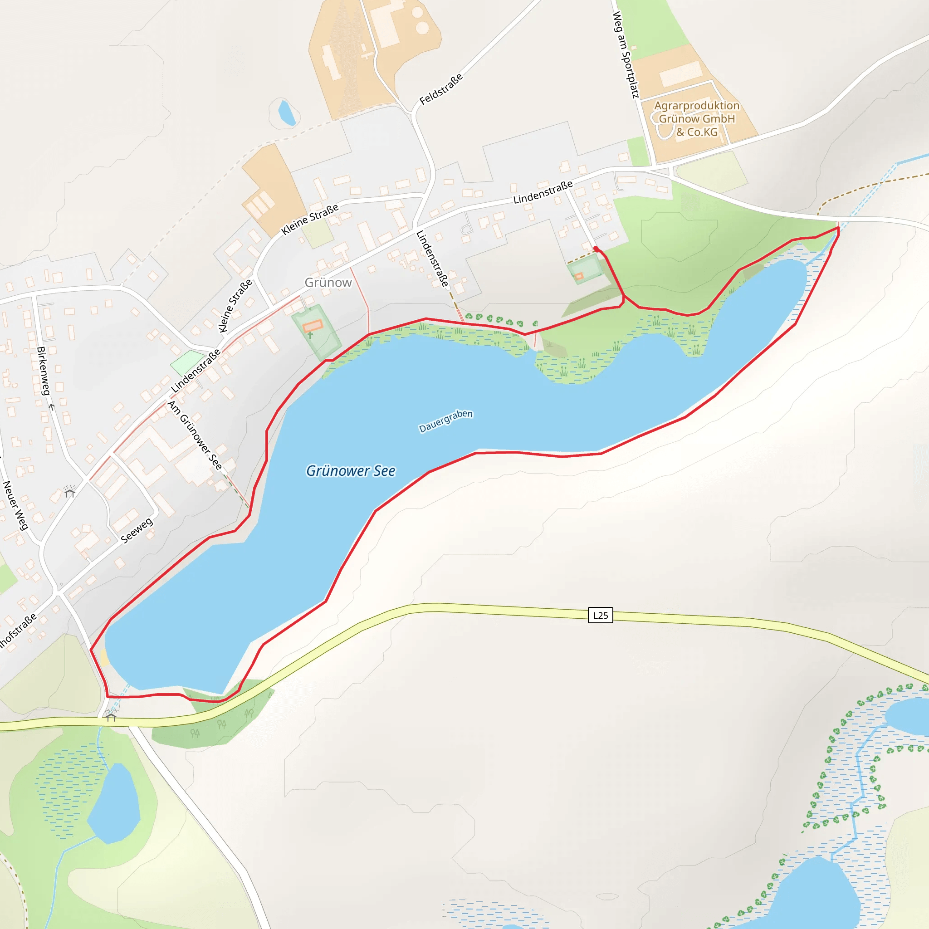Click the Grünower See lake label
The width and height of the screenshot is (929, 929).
point(351,471)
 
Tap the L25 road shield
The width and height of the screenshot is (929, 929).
point(600,615)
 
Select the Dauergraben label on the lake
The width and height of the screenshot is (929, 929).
point(446,421)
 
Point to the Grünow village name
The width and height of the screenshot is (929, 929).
point(328,282)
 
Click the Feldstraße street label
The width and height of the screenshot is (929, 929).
point(441,89)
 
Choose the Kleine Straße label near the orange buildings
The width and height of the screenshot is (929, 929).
point(310,219)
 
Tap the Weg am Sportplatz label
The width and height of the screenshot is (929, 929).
point(625,54)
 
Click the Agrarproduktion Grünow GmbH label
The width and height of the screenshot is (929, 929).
point(696,118)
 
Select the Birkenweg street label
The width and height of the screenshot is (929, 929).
point(43,371)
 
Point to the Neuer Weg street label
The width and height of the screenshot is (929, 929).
point(15,505)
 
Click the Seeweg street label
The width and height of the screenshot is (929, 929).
point(137,530)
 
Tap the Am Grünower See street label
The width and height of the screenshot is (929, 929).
point(195,435)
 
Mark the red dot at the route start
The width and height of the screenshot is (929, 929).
point(596,249)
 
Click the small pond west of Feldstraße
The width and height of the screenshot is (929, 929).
point(286,112)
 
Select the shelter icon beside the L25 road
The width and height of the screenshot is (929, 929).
point(111,717)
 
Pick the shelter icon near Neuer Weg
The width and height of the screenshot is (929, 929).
point(70,492)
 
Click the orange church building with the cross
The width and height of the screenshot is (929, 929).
point(313,326)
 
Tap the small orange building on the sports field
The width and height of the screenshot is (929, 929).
point(579,276)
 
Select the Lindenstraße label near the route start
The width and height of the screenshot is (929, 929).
point(543,192)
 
